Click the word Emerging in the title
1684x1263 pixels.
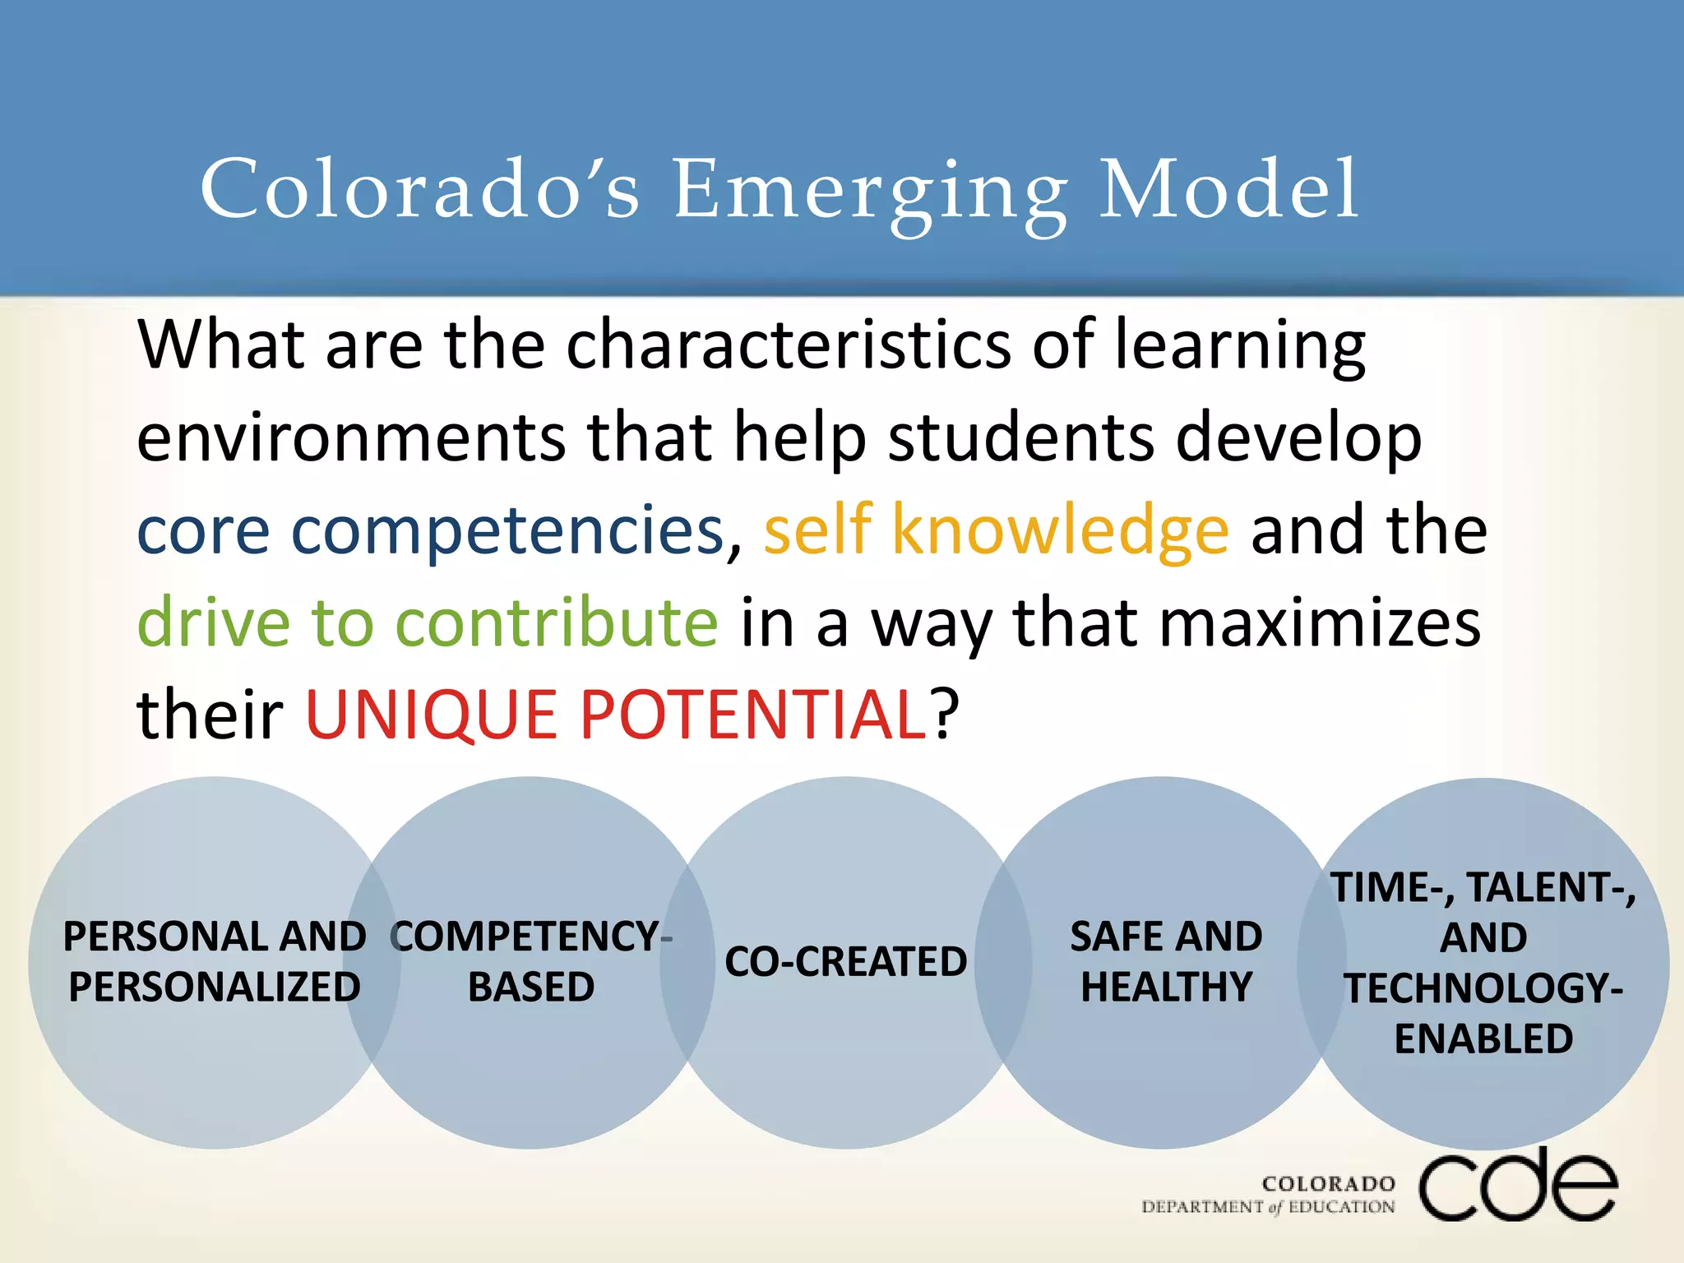[x=870, y=191]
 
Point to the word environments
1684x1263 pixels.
[x=351, y=437]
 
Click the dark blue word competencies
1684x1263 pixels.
[x=507, y=530]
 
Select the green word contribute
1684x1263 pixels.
[x=557, y=622]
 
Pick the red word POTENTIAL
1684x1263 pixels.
[x=754, y=714]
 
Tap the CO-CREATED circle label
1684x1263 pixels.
[x=845, y=962]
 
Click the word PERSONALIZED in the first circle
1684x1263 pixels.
[x=215, y=987]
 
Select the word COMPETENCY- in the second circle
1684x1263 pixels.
[x=531, y=937]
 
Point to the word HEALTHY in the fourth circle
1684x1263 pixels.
[x=1166, y=987]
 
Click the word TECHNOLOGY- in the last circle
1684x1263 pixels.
[x=1483, y=988]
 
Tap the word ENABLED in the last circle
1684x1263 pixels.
[x=1483, y=1039]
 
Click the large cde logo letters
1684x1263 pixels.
[x=1518, y=1186]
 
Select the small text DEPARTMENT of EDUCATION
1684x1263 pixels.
[x=1268, y=1207]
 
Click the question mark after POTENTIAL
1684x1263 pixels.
[x=946, y=714]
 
